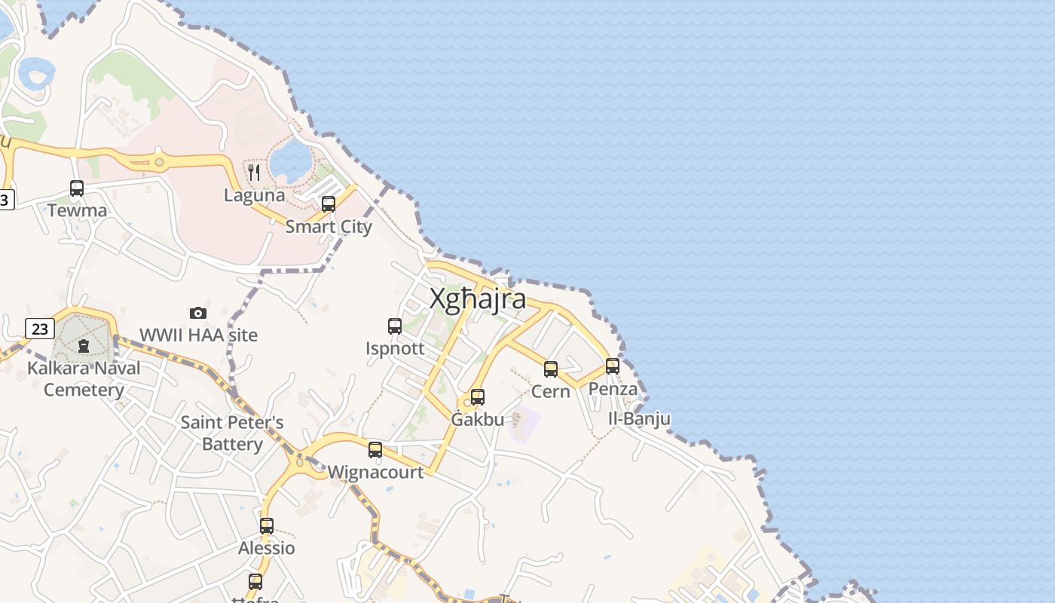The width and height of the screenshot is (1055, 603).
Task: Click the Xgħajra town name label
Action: click(478, 299)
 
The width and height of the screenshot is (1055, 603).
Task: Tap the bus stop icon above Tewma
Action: click(77, 188)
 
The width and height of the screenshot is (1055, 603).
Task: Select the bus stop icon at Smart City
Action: click(329, 204)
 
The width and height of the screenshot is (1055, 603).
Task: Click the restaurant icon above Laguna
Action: click(254, 173)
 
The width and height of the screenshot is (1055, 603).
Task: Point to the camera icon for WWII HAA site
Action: click(198, 313)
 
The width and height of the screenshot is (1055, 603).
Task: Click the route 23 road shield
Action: click(39, 329)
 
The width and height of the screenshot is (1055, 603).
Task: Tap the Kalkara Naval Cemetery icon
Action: click(84, 346)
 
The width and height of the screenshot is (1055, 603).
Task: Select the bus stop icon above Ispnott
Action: click(395, 326)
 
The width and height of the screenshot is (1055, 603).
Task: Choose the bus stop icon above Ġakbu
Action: click(478, 397)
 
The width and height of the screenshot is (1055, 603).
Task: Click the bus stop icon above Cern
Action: click(551, 369)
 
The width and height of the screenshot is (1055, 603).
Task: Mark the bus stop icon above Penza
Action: click(613, 366)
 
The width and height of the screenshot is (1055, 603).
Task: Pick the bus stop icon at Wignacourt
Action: click(375, 450)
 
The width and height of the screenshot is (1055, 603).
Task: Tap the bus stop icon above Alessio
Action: click(267, 526)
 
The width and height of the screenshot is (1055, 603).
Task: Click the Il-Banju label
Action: click(640, 419)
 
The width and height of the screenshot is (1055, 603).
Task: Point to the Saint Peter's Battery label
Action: click(232, 433)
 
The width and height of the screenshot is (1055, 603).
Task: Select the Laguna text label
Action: click(255, 196)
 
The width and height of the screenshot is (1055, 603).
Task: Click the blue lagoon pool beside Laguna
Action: click(291, 159)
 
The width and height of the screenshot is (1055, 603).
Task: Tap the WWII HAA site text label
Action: click(199, 335)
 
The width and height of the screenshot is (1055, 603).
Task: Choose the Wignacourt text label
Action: click(375, 473)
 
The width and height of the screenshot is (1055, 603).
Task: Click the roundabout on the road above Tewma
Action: click(159, 161)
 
